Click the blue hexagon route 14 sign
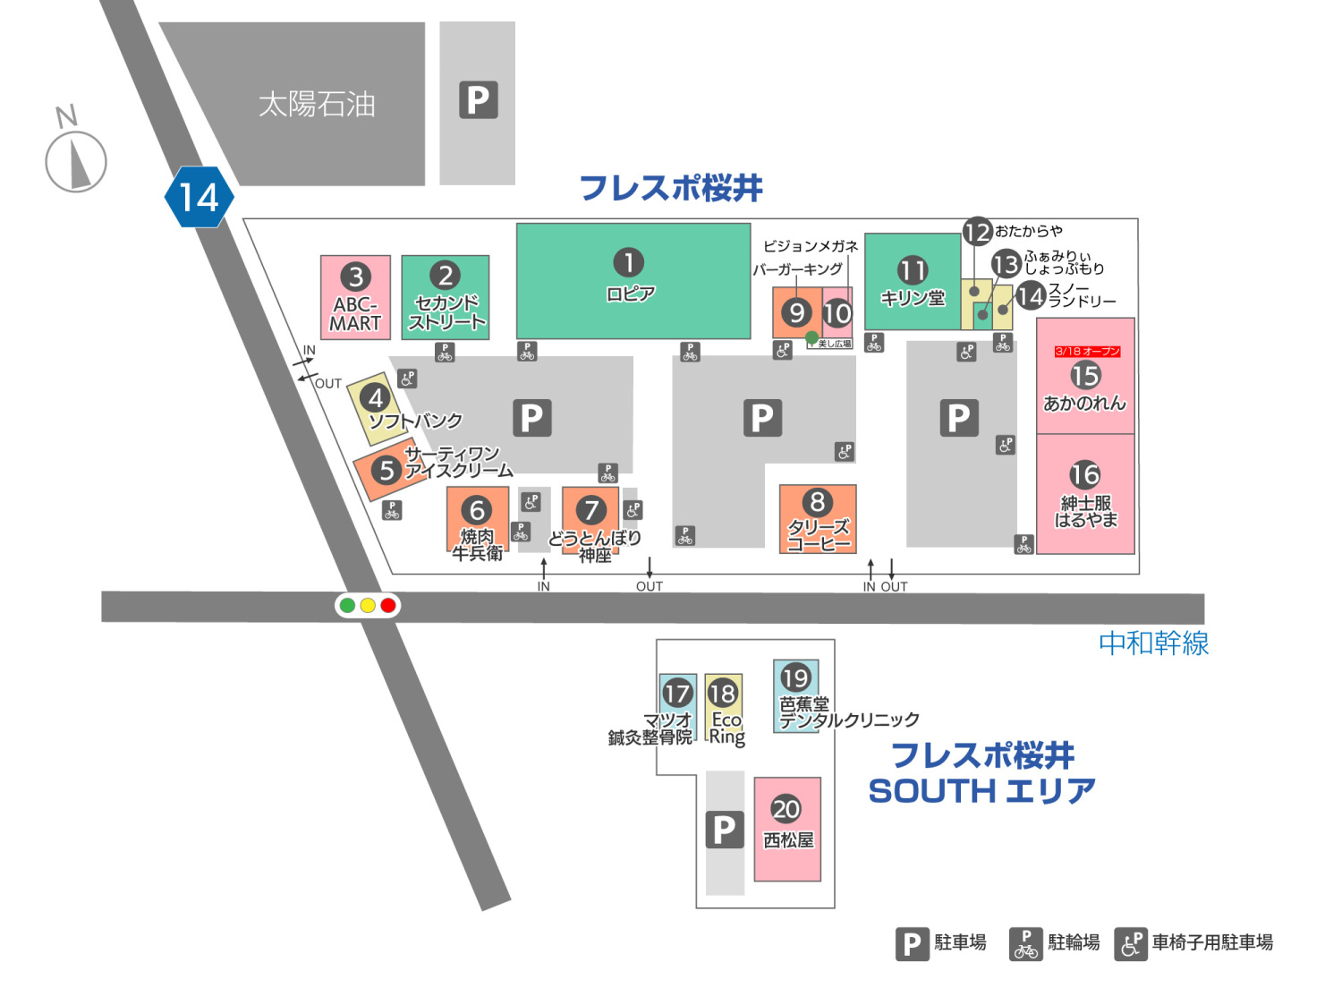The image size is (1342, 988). coord(199,197)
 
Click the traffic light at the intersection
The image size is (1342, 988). coord(368,606)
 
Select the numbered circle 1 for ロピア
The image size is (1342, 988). coord(628,262)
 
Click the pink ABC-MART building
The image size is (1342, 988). coord(355,297)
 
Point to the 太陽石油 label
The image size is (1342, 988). coord(317,105)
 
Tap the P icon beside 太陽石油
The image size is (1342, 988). coord(478,100)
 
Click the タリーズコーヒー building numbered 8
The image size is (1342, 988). coord(818,519)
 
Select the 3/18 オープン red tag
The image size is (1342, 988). coord(1086,352)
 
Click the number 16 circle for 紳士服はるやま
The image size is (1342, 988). coord(1085,474)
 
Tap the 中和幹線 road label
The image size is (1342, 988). coord(1153,643)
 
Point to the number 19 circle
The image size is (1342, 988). coord(795,677)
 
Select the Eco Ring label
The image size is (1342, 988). coord(726,728)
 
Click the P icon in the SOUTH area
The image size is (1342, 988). coord(725,830)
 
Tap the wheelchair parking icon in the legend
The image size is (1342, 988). coord(1131,943)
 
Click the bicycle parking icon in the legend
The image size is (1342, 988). coord(1025,943)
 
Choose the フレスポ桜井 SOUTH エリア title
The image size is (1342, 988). coord(982,773)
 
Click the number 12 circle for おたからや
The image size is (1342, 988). coord(977,233)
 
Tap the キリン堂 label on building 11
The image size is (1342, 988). coord(913,299)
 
